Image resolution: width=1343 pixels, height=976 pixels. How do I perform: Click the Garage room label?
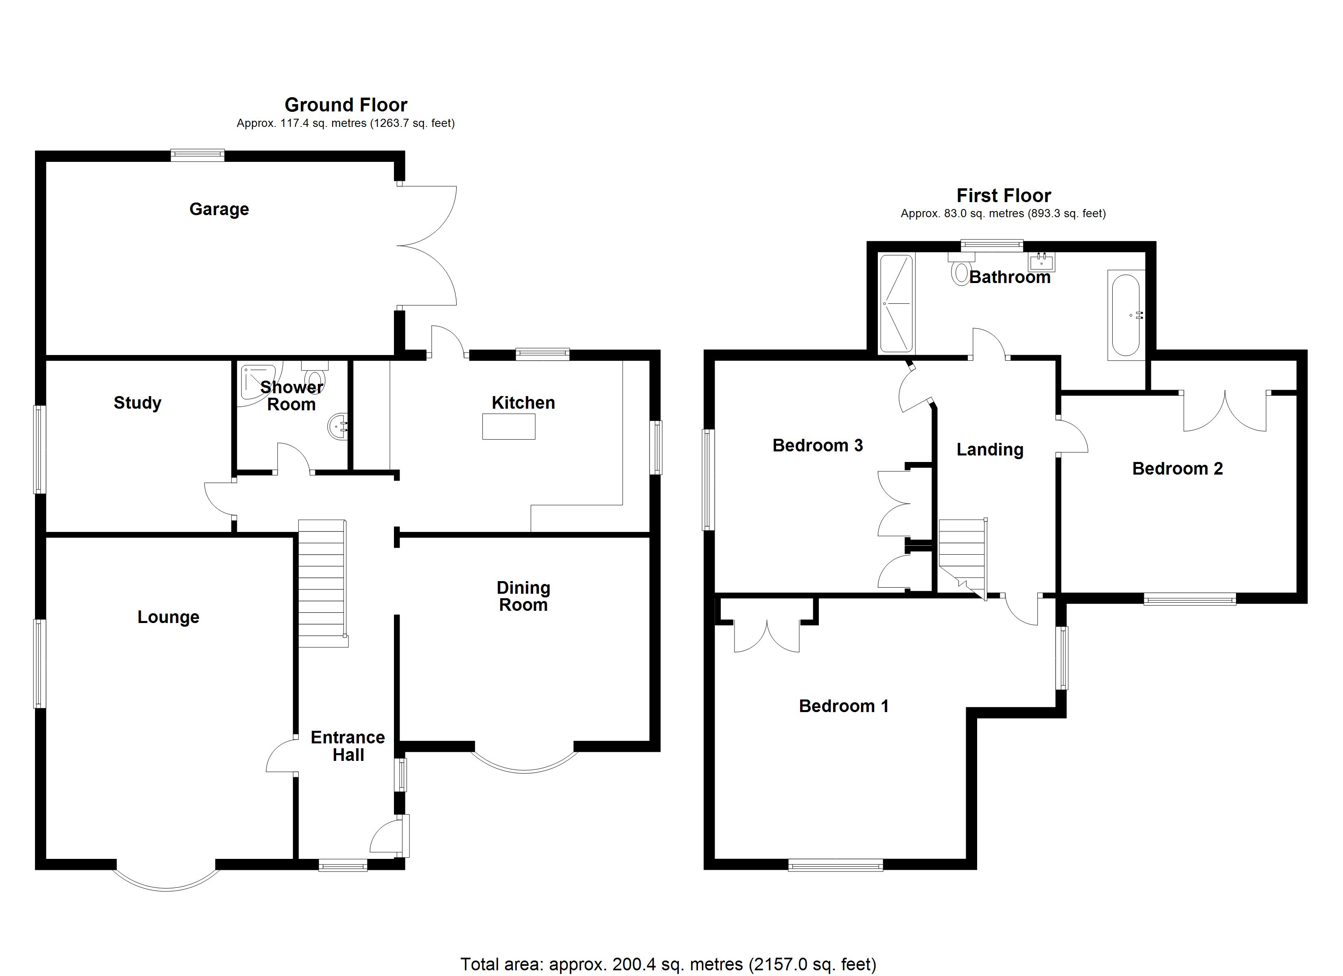coord(219,209)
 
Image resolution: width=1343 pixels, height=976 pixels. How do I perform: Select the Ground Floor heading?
coord(346,105)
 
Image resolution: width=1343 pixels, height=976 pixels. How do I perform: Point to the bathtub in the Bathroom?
coord(1125,315)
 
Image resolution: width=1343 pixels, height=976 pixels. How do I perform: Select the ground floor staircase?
coord(322,583)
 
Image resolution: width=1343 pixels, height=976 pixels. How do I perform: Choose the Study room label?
coord(138,403)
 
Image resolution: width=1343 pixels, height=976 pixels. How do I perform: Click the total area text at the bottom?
coord(668,964)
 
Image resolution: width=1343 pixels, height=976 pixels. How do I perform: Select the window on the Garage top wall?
coord(197,156)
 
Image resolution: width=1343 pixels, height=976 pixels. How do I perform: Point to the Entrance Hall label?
coord(348,746)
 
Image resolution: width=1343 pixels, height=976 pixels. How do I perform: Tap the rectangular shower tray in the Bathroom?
coord(897,303)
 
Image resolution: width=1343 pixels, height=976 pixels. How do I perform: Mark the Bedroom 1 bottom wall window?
coord(835,865)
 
